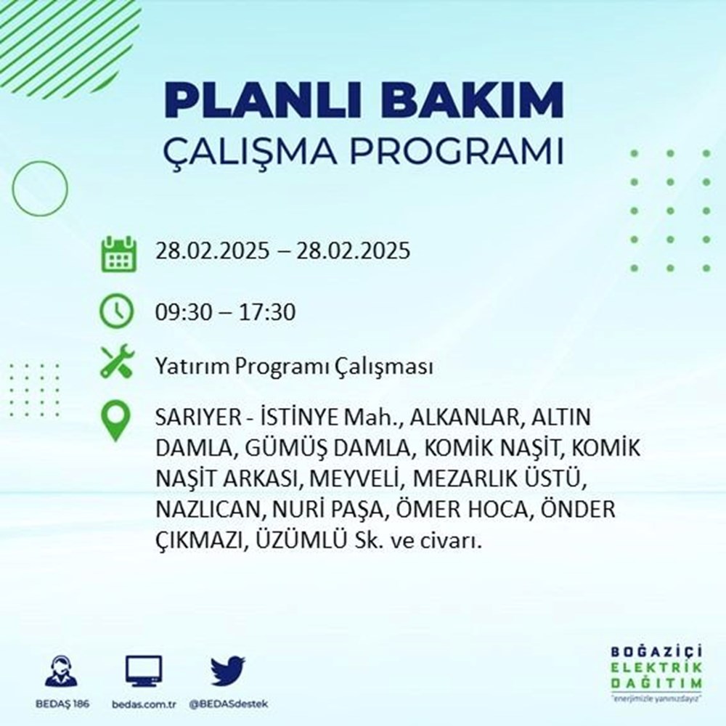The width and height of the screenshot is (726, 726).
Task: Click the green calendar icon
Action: tap(117, 253)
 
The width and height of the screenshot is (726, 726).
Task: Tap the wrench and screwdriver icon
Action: tap(116, 361)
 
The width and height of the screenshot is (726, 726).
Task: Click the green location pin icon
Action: tap(116, 421)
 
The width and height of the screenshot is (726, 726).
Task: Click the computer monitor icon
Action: tap(144, 671)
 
